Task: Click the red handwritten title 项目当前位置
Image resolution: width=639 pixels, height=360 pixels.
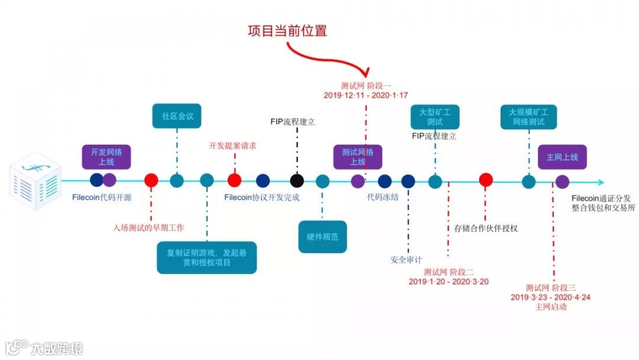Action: coord(287,31)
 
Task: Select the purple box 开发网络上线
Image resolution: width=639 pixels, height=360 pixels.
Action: coord(106,156)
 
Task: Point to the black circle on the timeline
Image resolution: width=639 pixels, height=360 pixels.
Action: coord(297,181)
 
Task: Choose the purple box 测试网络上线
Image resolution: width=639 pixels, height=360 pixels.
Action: coord(357,156)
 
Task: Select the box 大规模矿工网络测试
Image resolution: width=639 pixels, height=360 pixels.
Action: coord(528,117)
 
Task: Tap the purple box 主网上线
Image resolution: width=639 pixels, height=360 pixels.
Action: coord(562,157)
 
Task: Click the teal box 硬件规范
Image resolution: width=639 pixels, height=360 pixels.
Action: coord(322,236)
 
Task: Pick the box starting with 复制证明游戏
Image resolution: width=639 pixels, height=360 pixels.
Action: coord(206,257)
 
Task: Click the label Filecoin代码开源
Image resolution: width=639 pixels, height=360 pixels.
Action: coord(102,198)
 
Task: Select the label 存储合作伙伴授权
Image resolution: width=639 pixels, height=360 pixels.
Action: coord(486,228)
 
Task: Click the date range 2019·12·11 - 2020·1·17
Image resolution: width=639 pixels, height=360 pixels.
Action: coord(366,95)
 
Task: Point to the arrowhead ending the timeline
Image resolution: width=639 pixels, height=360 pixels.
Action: coord(601,182)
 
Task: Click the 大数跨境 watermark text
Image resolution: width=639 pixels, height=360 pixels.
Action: coord(57,348)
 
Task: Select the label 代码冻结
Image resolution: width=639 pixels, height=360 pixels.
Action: coord(383,198)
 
